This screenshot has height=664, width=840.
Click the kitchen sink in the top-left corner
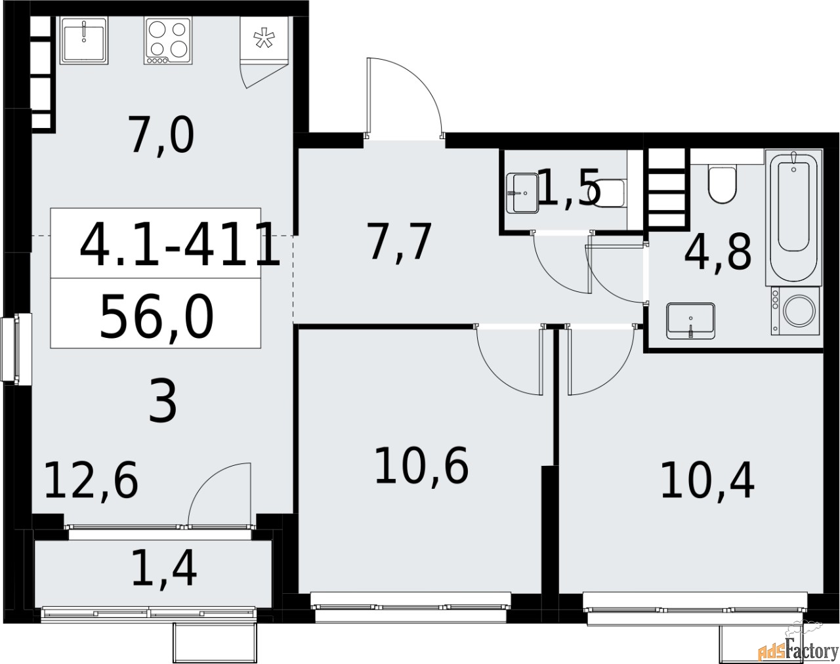[x=84, y=40]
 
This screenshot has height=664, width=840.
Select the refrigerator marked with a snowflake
[x=264, y=40]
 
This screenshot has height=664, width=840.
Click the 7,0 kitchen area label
[x=161, y=136]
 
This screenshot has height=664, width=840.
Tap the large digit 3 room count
[x=163, y=402]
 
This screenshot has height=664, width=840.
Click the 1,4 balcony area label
[x=164, y=568]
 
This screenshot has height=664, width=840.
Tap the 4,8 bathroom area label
[x=717, y=252]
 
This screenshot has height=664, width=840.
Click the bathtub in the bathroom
[x=793, y=217]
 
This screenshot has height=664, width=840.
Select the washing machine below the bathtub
[x=796, y=311]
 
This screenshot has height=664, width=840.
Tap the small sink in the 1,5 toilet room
[x=524, y=193]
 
